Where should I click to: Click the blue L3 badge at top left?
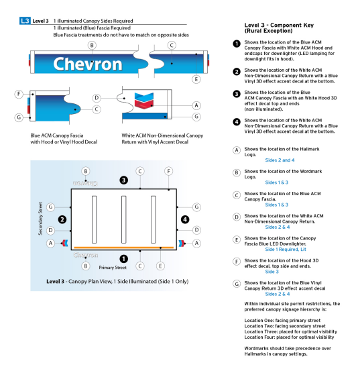(25, 21)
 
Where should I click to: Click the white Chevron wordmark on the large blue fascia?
(87, 64)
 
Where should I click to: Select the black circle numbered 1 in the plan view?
(123, 258)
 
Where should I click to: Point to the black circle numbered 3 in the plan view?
(123, 180)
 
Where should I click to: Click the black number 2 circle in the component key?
(236, 72)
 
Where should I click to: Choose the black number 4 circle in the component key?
(236, 122)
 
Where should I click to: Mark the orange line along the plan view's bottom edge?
(124, 248)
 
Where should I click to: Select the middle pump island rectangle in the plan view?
(124, 219)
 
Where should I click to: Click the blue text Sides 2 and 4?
(280, 161)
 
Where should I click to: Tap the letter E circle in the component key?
(236, 239)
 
